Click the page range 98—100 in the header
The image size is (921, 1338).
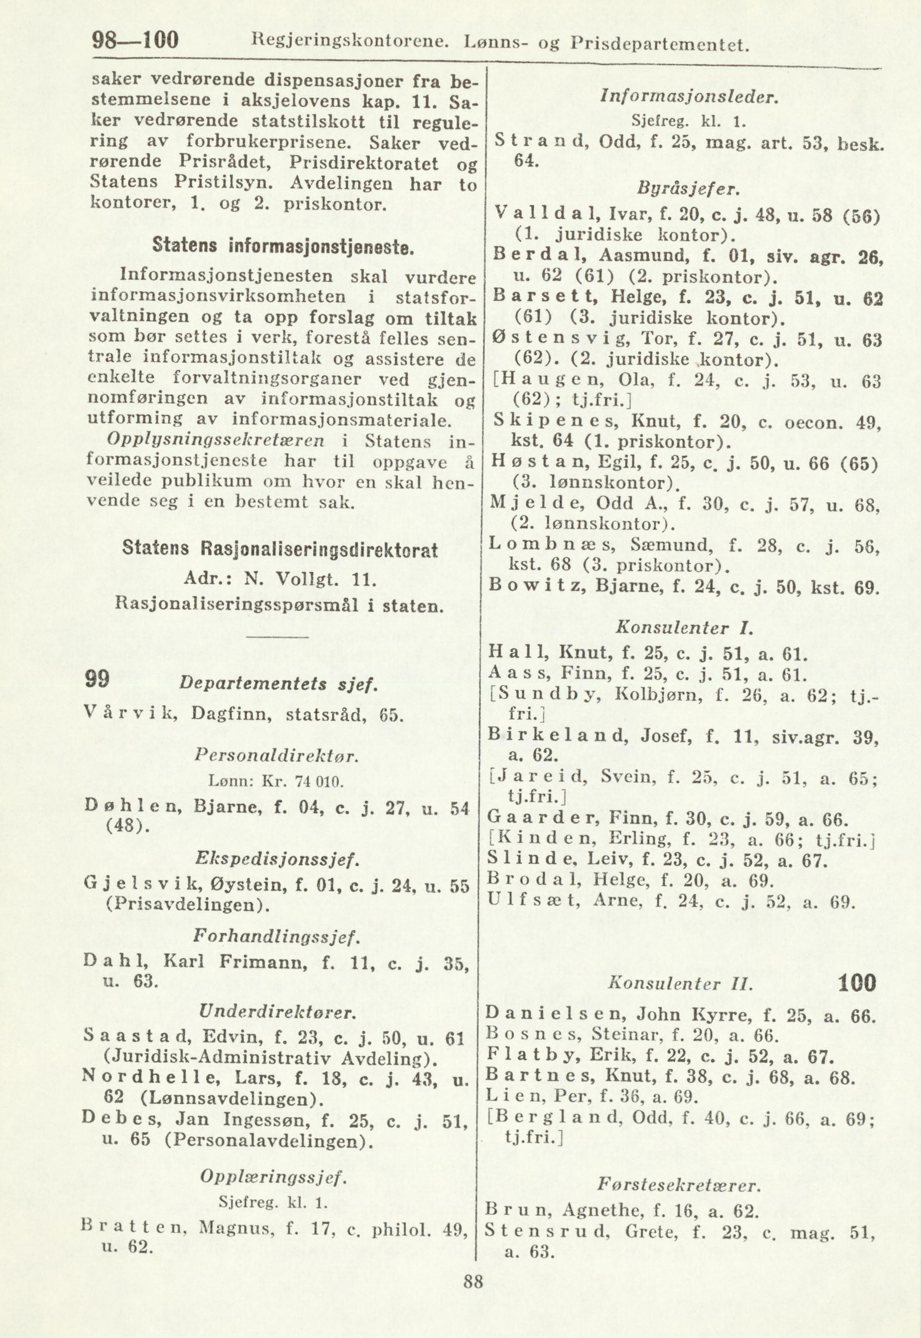pos(136,41)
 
